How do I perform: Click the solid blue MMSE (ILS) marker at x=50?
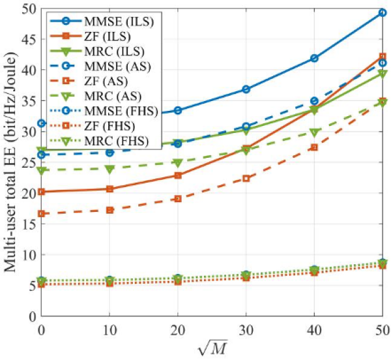[382, 12]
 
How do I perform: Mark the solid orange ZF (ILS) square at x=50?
[382, 57]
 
